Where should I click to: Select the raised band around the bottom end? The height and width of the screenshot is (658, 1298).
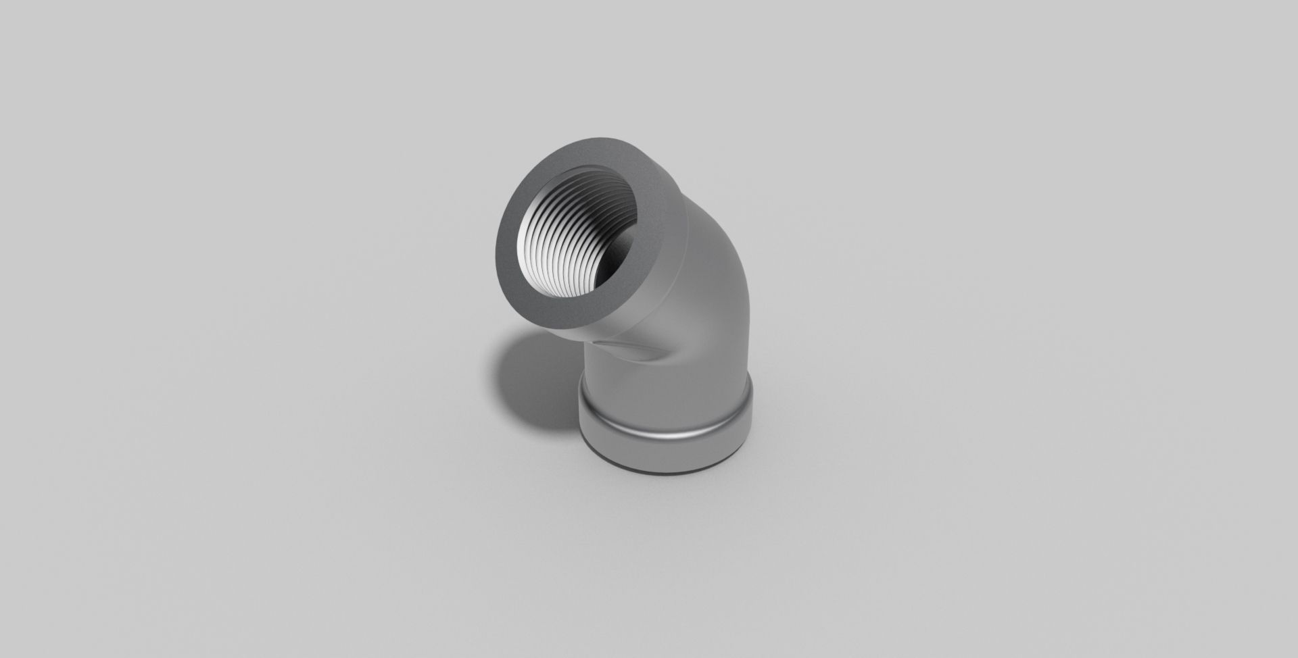tap(666, 432)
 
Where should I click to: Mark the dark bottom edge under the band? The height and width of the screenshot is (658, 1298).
tap(666, 470)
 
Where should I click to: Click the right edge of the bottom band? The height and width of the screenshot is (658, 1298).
tap(750, 422)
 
